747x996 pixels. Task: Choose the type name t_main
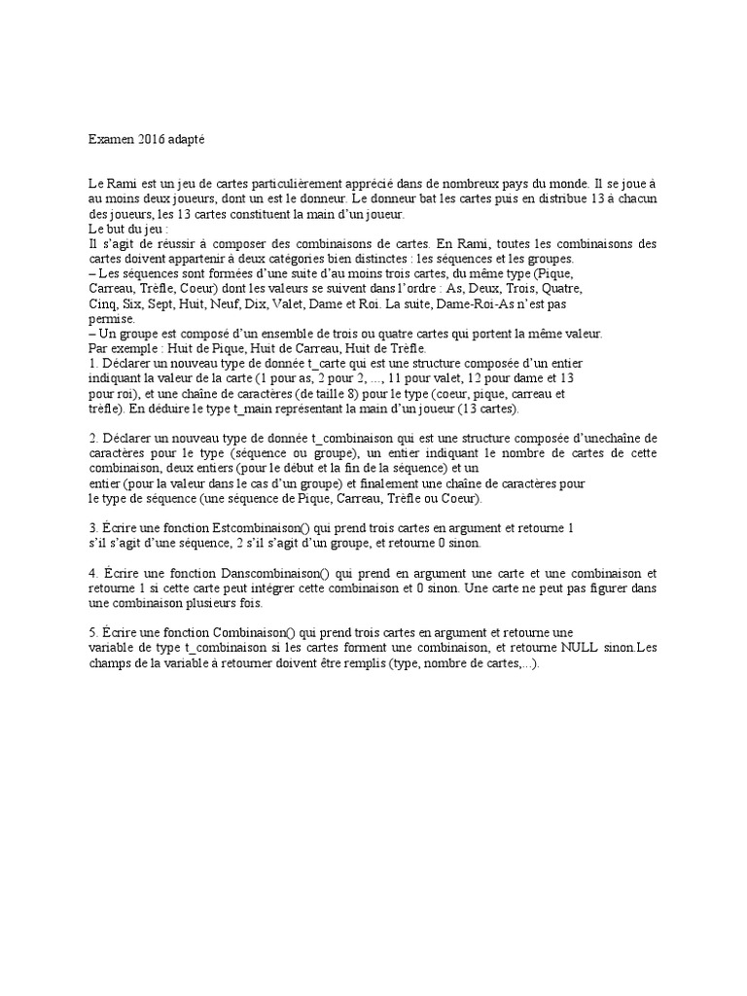(253, 409)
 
